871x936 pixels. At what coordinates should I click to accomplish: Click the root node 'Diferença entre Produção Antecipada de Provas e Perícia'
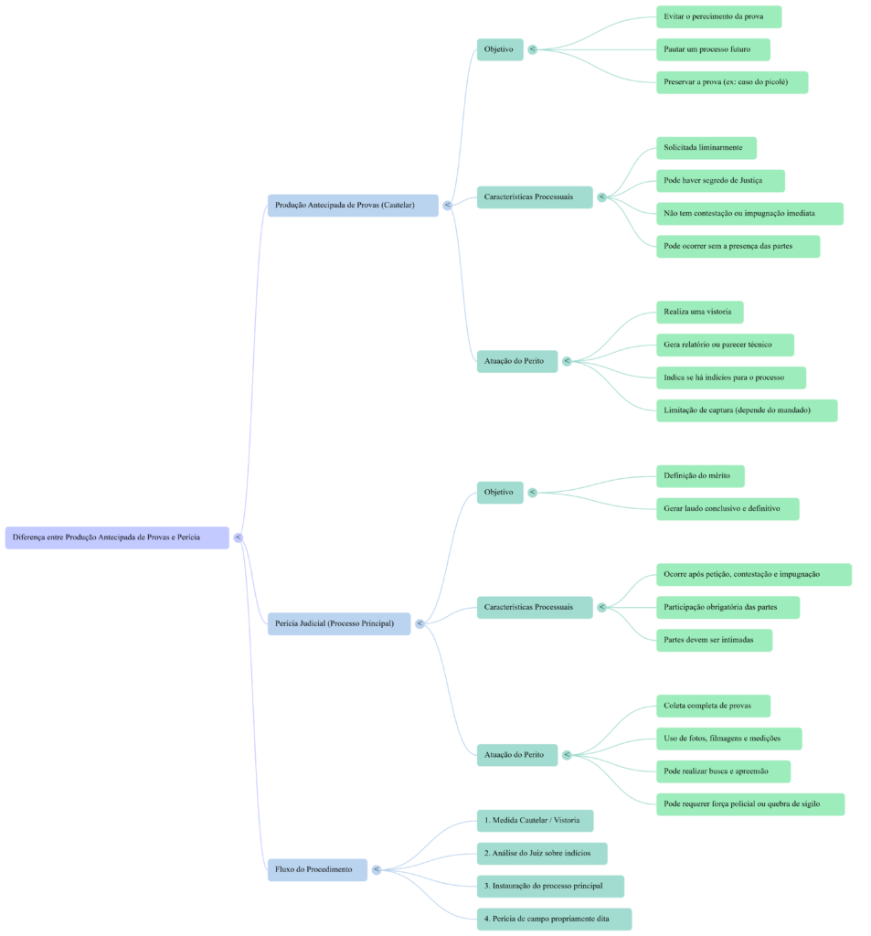[x=117, y=537]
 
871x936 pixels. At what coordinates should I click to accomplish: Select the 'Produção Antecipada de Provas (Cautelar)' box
[x=353, y=205]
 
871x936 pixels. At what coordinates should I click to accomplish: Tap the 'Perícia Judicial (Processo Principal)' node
[x=338, y=624]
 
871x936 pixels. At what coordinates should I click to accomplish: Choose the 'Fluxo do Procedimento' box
[x=317, y=869]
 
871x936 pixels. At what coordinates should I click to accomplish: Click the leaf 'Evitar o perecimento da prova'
[x=718, y=16]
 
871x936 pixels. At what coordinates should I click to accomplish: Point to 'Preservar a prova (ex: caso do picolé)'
[x=731, y=82]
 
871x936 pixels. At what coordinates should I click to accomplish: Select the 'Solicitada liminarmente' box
[x=706, y=147]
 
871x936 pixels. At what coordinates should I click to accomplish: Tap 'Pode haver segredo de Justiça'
[x=720, y=181]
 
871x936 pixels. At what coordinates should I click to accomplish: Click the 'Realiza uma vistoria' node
[x=699, y=313]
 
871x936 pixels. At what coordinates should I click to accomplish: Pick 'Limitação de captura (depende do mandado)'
[x=746, y=410]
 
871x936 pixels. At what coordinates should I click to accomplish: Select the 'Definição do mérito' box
[x=699, y=476]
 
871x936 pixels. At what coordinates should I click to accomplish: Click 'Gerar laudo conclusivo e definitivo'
[x=728, y=509]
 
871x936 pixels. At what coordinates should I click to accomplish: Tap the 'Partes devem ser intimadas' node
[x=714, y=640]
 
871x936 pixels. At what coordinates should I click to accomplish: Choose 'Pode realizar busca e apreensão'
[x=723, y=771]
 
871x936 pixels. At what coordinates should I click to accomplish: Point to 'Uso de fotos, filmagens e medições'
[x=729, y=739]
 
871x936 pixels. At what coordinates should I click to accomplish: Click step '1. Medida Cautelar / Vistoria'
[x=535, y=820]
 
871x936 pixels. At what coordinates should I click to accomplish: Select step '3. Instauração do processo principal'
[x=550, y=886]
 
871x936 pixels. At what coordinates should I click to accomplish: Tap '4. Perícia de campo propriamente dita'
[x=554, y=919]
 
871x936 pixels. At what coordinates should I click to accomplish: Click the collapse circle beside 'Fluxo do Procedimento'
[x=376, y=869]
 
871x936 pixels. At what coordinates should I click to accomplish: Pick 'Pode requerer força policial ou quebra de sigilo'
[x=749, y=804]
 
